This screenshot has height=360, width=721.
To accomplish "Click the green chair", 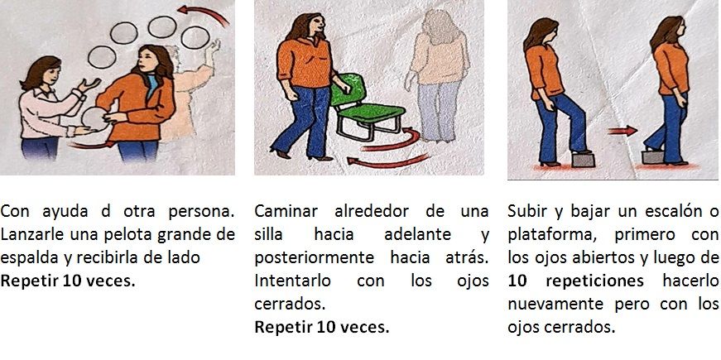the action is click(x=366, y=108).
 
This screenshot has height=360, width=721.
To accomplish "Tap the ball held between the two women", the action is click(x=95, y=119).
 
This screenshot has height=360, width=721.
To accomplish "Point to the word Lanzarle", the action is click(x=33, y=234).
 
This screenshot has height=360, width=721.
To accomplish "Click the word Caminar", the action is click(x=286, y=212).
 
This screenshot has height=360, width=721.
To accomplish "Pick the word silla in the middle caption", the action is click(x=268, y=234).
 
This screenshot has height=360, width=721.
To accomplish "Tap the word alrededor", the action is click(x=372, y=212).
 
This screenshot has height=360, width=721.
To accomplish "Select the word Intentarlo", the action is click(x=292, y=281).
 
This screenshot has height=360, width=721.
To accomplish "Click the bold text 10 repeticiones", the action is click(x=575, y=281).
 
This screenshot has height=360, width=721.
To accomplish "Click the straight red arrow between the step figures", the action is click(x=622, y=131).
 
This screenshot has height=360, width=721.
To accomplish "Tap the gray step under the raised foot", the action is click(x=583, y=159).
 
